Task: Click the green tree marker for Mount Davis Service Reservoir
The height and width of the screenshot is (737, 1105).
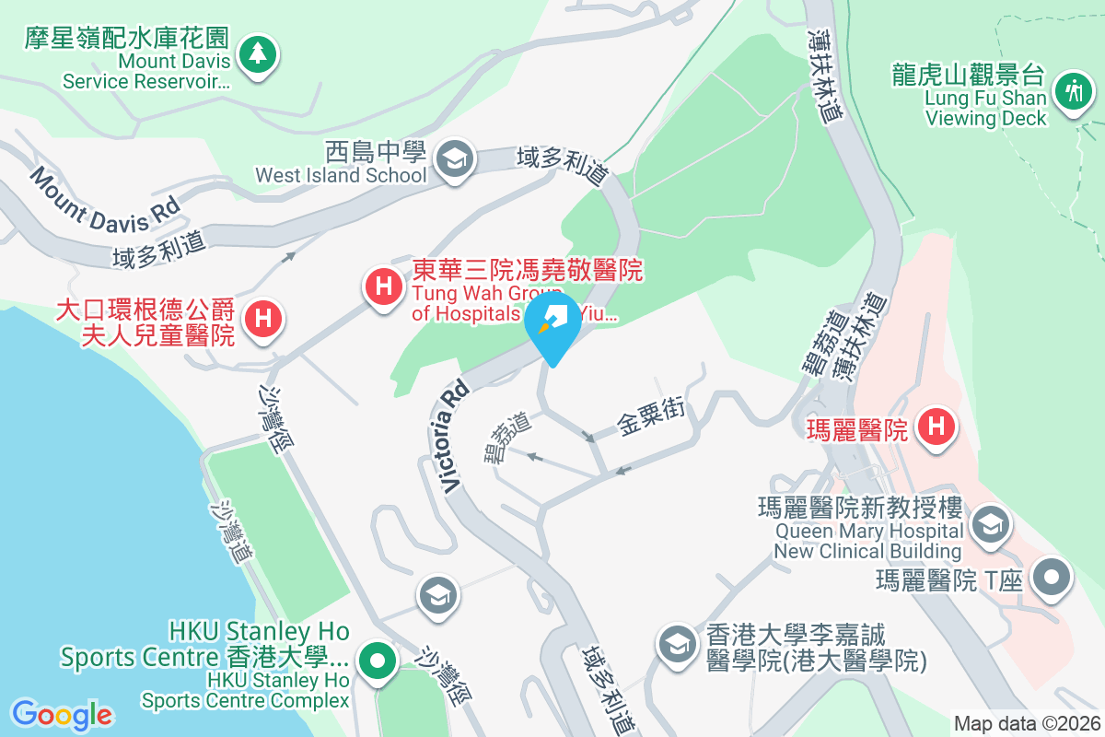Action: [x=258, y=55]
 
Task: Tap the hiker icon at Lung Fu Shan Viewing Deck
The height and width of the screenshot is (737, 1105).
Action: [x=1073, y=93]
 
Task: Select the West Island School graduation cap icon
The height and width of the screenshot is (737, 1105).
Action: [x=454, y=158]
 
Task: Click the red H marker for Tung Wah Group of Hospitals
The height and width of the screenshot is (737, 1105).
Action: [x=385, y=287]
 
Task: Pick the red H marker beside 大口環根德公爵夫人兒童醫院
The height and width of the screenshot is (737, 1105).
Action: [x=263, y=321]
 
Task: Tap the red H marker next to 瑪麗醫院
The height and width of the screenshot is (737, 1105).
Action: [x=937, y=427]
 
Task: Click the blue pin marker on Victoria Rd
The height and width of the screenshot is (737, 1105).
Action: [x=552, y=324]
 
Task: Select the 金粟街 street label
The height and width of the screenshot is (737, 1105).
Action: [x=651, y=420]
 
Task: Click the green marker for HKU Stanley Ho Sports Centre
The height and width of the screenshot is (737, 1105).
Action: [x=377, y=661]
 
